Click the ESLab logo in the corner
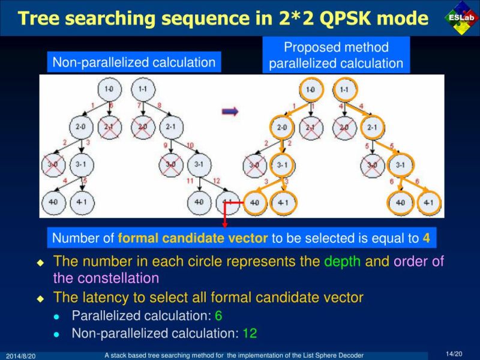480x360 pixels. pyautogui.click(x=461, y=19)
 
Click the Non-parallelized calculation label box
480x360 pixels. pyautogui.click(x=134, y=62)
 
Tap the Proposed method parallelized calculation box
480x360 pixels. pyautogui.click(x=336, y=55)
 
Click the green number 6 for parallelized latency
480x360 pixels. pyautogui.click(x=218, y=316)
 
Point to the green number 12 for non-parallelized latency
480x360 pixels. pyautogui.click(x=250, y=333)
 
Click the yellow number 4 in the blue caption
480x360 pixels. pyautogui.click(x=426, y=238)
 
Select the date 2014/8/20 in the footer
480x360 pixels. pyautogui.click(x=21, y=356)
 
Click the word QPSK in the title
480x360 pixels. pyautogui.click(x=340, y=18)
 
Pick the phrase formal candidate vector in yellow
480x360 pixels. pyautogui.click(x=193, y=238)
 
